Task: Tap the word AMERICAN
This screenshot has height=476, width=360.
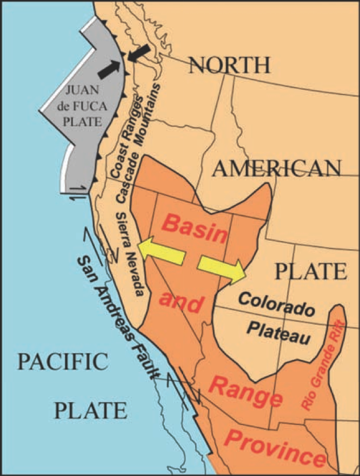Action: pos(278,168)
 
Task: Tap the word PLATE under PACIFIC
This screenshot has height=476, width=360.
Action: pos(90,409)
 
